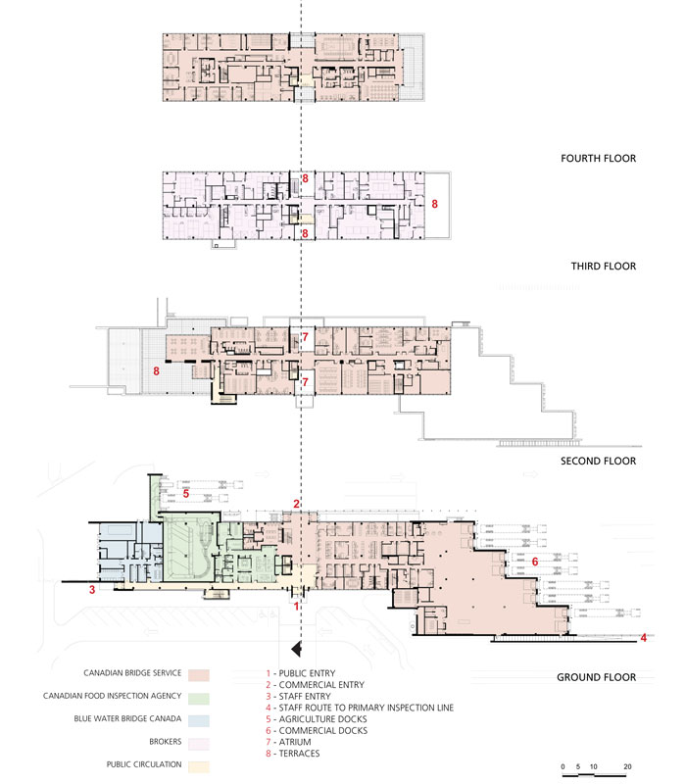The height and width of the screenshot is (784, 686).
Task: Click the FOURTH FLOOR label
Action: (x=598, y=159)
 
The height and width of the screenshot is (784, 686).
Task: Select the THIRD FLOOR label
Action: (x=604, y=266)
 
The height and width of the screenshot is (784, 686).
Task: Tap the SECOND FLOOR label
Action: (x=598, y=461)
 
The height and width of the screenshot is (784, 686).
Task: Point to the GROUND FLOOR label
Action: (x=597, y=677)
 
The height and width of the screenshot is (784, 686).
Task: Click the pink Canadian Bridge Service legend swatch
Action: (x=199, y=675)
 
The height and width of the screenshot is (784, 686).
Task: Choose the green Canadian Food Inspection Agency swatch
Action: (x=199, y=699)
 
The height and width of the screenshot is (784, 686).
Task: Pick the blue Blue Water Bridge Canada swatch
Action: (x=199, y=721)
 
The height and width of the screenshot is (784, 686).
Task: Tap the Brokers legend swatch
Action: (x=199, y=744)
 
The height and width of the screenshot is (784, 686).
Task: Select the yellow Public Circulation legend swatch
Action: (x=199, y=767)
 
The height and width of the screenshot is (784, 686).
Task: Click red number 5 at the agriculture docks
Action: (x=186, y=494)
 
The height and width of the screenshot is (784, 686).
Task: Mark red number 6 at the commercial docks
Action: (x=535, y=562)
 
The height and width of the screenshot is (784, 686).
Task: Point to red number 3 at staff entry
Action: (x=92, y=590)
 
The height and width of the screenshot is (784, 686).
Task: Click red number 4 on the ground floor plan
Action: (x=644, y=638)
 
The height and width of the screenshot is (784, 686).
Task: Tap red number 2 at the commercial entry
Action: (x=297, y=504)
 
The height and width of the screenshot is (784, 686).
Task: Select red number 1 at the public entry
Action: (x=297, y=607)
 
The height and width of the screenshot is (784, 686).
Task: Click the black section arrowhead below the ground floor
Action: (x=297, y=649)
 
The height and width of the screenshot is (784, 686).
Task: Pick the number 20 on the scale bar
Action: (x=627, y=766)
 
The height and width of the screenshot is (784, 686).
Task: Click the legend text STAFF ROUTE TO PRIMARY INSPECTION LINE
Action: (x=366, y=708)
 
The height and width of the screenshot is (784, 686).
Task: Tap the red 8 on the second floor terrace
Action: (x=157, y=371)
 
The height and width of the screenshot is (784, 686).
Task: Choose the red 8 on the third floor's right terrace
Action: (x=434, y=204)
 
